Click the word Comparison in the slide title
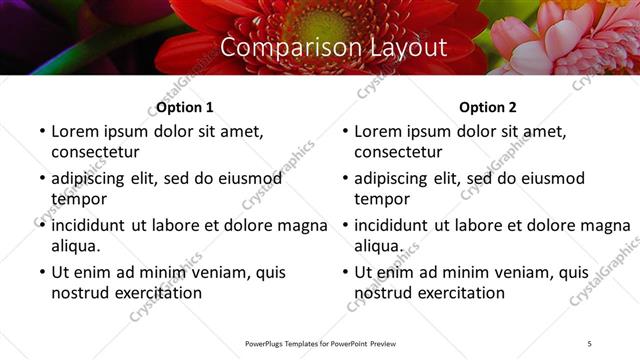(283, 47)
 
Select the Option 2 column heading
(488, 108)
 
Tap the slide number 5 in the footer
(590, 343)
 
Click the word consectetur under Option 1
(95, 152)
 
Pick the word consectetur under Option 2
(398, 152)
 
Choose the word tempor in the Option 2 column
(383, 198)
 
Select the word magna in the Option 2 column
(605, 225)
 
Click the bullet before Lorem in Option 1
(41, 132)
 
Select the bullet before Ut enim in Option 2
(344, 272)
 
